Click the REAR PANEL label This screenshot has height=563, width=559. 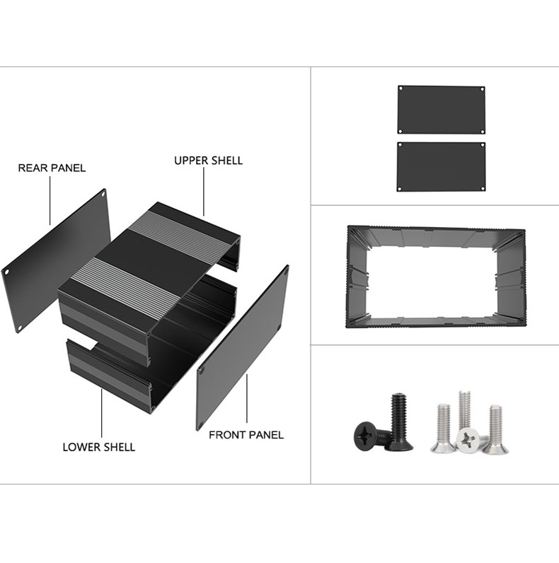pos(52,168)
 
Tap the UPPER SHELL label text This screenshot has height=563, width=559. pos(208,161)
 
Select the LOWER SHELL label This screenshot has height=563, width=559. pos(99,447)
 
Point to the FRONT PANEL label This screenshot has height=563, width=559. pos(246,435)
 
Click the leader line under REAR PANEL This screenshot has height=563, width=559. pos(50,200)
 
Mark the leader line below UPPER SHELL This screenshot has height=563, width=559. pos(204,192)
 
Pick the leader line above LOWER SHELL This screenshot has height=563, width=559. pos(101,413)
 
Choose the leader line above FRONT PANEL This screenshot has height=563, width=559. pos(247,398)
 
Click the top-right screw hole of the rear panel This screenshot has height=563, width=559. pos(103,195)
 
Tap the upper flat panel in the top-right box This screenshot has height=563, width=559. pos(442,110)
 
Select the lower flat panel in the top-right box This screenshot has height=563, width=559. pos(441,167)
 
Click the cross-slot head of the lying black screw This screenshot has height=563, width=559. pos(365,435)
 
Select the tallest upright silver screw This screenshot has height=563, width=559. pos(464,410)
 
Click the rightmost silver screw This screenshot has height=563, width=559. pos(495,430)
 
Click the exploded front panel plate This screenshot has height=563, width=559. pos(243,347)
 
